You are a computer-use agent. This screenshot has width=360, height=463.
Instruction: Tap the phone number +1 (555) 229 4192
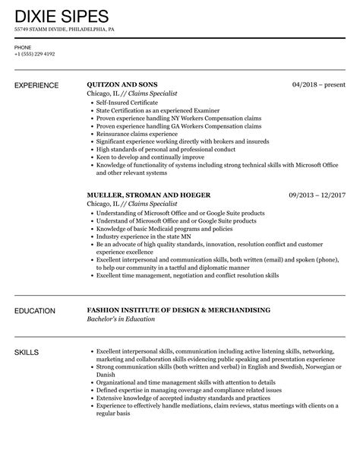(35, 54)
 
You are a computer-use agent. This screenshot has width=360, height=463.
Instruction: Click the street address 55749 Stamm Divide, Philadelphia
(65, 30)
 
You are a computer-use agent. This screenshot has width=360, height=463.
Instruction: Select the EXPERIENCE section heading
(40, 85)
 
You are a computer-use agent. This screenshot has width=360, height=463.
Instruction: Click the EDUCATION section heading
(37, 290)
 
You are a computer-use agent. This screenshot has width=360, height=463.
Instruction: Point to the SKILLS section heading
(27, 332)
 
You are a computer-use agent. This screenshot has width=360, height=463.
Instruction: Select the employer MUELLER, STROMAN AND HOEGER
(148, 195)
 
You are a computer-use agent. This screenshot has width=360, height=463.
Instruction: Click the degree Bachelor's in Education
(121, 298)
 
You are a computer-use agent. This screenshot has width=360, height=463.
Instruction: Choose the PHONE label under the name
(23, 47)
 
